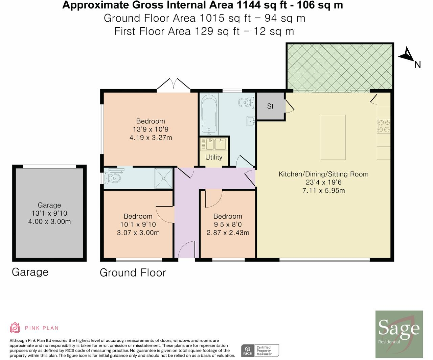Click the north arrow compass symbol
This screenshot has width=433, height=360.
(x=407, y=55)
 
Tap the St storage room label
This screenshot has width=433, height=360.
(x=270, y=106)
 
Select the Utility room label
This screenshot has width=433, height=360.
(x=214, y=157)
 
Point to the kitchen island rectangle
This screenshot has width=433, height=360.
(x=333, y=137)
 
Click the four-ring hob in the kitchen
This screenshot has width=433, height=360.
(x=384, y=126)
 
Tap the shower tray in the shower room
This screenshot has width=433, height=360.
(x=163, y=178)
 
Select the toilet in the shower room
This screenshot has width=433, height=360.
(x=113, y=178)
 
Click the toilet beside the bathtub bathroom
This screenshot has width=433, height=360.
(x=247, y=102)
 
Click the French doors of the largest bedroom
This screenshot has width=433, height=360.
(x=174, y=85)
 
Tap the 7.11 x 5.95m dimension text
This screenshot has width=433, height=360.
(x=324, y=191)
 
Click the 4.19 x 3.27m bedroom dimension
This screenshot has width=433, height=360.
(x=151, y=138)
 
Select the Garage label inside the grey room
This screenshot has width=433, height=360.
(x=49, y=205)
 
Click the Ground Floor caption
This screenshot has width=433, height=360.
(x=133, y=272)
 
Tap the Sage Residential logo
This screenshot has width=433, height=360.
(x=399, y=334)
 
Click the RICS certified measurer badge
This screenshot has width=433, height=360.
(x=260, y=351)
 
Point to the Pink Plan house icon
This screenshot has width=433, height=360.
(x=15, y=328)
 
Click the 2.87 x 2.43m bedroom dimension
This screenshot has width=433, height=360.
(x=228, y=233)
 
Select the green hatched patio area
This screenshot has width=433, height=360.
(x=340, y=67)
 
